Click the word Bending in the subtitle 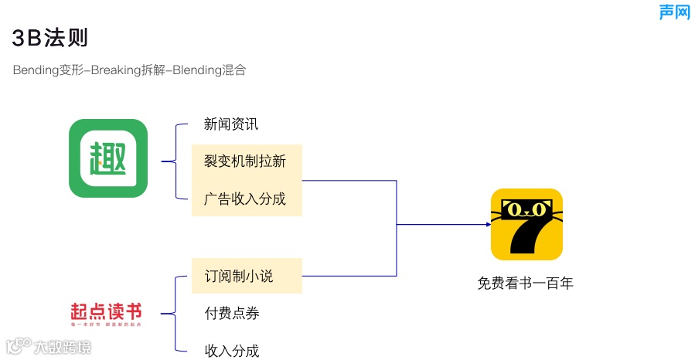click(36, 70)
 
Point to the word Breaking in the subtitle click(116, 70)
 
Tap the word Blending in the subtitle click(196, 70)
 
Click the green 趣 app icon click(108, 158)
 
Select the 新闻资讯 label click(231, 124)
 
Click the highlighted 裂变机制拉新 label click(245, 161)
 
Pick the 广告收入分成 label click(245, 199)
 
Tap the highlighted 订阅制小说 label click(239, 276)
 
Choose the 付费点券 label click(231, 313)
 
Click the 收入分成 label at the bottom click(231, 351)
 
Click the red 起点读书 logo click(106, 313)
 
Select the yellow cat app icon click(526, 224)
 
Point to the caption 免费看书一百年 click(526, 284)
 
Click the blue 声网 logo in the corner click(674, 12)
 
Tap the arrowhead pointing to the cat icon click(488, 224)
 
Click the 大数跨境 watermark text click(62, 348)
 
